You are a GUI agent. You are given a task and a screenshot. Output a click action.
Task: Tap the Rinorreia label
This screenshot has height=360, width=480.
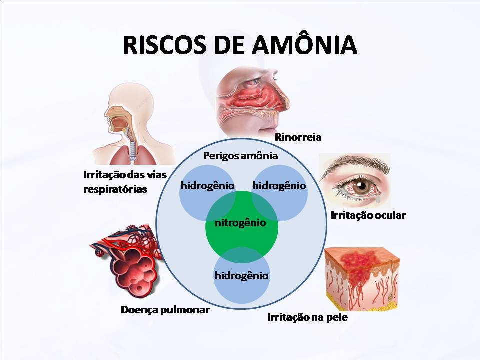click(x=298, y=137)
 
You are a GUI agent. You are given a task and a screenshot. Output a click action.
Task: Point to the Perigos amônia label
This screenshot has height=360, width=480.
click(x=240, y=155)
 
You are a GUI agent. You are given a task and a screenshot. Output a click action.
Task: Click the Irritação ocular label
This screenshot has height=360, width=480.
click(x=368, y=215)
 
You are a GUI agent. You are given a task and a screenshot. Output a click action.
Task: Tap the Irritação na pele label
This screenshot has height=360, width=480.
click(x=307, y=317)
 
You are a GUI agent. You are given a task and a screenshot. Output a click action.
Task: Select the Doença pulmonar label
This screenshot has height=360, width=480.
click(x=165, y=310)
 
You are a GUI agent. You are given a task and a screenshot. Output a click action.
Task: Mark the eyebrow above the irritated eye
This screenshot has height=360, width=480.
click(x=350, y=165)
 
